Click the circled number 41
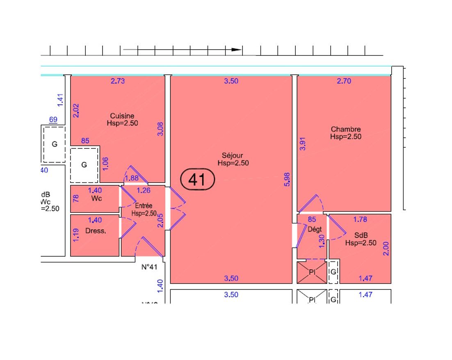[x=198, y=180]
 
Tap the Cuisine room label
[x=122, y=116]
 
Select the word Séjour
[x=233, y=155]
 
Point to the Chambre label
[x=346, y=130]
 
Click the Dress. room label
[x=95, y=231]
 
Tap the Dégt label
[x=315, y=230]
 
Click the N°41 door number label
[x=150, y=267]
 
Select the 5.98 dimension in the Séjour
[x=287, y=180]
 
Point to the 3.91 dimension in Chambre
[x=303, y=144]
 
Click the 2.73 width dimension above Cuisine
[x=118, y=81]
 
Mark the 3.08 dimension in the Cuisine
[x=160, y=129]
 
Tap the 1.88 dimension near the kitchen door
[x=132, y=178]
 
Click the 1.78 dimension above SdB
[x=360, y=219]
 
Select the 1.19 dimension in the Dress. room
[x=75, y=235]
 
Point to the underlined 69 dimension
[x=53, y=120]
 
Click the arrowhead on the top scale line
[x=237, y=50]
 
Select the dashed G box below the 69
[x=54, y=144]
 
